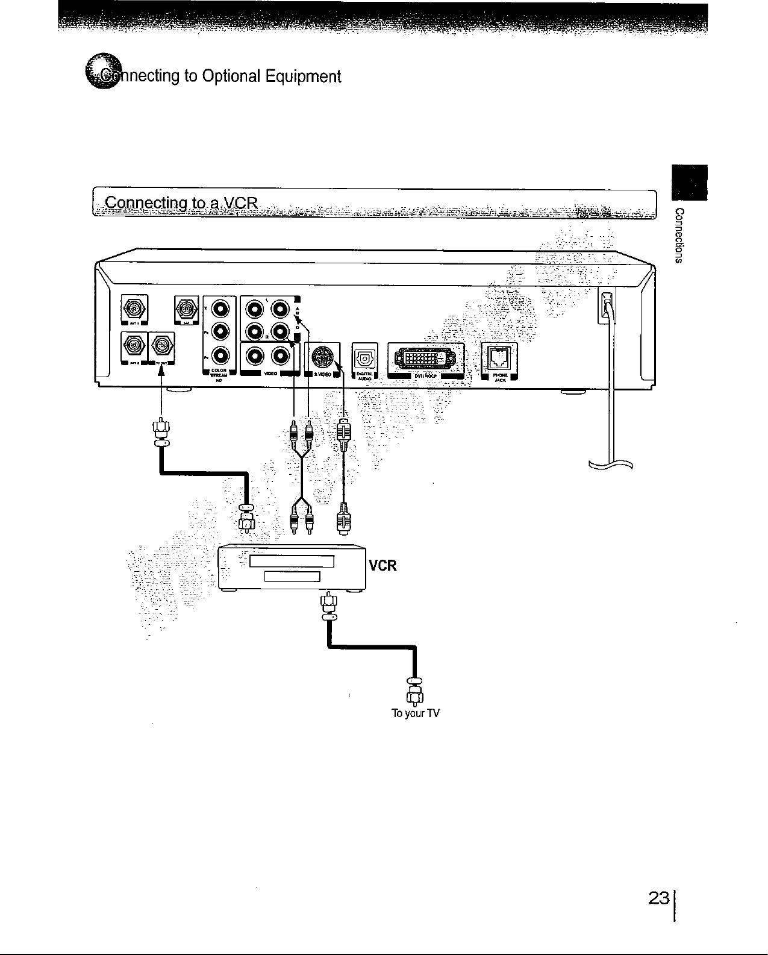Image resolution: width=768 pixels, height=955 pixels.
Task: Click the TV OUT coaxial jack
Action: tap(161, 346)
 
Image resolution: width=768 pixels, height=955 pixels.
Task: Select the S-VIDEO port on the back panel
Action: tap(322, 357)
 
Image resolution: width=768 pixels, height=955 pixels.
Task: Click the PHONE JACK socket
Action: tap(497, 357)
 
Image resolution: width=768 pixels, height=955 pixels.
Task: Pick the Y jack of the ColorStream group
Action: tap(220, 309)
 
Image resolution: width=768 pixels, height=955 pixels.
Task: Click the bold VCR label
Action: tap(382, 566)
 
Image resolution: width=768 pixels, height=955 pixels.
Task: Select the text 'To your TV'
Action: tap(416, 714)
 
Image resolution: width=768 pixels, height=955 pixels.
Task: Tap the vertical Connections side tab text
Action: tap(679, 236)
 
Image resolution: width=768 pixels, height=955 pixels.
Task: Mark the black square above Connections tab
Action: tap(690, 182)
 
